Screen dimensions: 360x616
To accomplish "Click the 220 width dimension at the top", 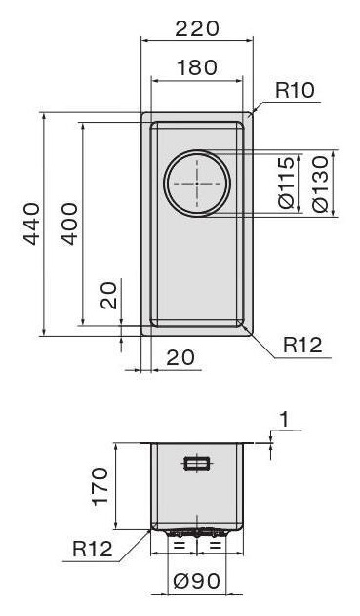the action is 196,29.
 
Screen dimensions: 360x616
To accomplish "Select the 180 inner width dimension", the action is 197,67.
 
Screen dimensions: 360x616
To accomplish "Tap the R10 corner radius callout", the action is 295,90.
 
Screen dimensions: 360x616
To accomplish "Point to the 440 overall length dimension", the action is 31,224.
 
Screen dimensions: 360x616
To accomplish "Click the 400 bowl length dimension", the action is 70,224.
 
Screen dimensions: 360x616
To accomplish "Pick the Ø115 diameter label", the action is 286,183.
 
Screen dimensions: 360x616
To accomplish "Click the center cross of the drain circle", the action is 197,184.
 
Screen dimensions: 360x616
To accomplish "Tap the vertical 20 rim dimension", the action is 108,296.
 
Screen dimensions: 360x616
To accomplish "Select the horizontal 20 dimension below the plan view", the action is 180,357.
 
